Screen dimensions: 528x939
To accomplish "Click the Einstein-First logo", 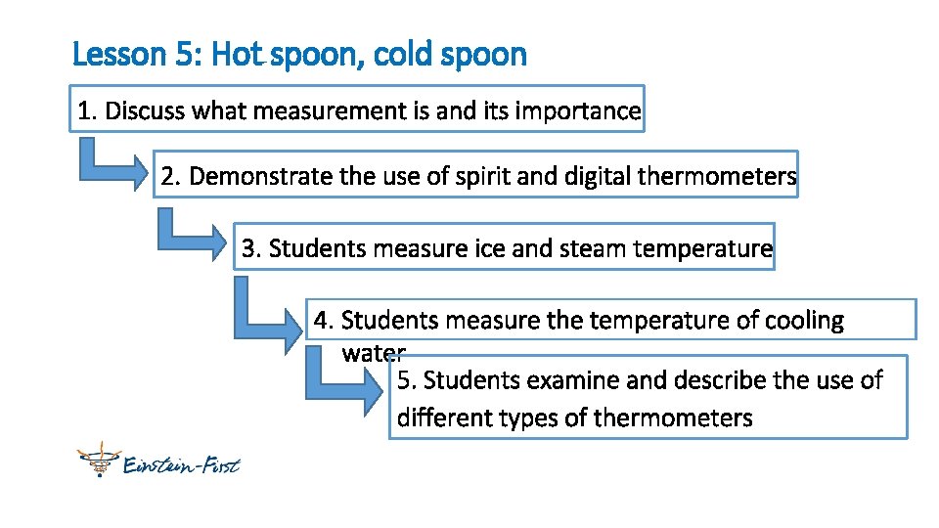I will click(x=158, y=461).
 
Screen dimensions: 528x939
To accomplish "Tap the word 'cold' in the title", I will click(x=404, y=54).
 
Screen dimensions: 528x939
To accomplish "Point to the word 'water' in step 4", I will click(x=373, y=353).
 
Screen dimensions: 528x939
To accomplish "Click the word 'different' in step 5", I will click(x=444, y=418).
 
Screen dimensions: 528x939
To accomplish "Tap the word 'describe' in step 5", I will click(x=713, y=380).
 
